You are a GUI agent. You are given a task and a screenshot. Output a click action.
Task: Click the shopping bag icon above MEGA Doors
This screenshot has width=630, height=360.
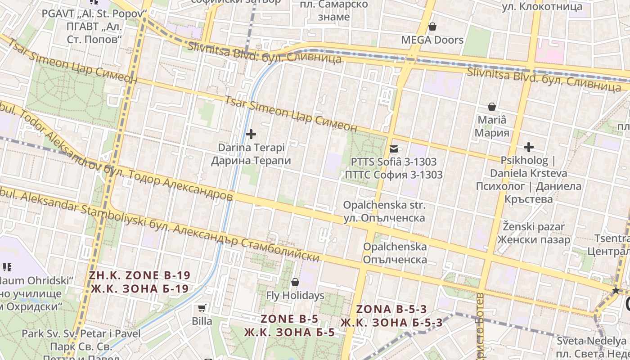(432, 27)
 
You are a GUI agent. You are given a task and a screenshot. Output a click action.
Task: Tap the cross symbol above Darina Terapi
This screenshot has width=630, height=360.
(251, 134)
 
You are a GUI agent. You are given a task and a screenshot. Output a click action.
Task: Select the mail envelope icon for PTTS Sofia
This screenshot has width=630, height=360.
(394, 148)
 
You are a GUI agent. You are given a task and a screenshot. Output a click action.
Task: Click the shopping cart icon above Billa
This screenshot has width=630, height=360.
(202, 308)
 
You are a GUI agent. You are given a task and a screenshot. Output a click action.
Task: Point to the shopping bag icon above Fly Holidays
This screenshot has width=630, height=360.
(295, 282)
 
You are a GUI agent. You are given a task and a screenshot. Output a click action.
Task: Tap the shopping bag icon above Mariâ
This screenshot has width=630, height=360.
(492, 107)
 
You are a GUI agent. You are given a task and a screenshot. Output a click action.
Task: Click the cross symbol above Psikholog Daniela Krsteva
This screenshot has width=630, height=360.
(529, 147)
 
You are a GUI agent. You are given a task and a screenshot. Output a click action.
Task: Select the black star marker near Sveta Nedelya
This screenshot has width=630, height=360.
(616, 291)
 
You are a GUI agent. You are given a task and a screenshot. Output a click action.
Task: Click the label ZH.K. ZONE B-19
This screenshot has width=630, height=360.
(139, 275)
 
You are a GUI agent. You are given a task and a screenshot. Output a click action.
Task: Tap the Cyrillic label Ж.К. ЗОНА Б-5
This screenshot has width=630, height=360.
(290, 333)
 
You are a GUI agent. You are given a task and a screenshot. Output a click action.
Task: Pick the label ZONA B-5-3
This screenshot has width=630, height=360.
(391, 309)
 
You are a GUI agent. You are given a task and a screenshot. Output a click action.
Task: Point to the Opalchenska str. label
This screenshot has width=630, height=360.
(384, 205)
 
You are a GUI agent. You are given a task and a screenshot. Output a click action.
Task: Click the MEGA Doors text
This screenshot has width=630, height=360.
(432, 40)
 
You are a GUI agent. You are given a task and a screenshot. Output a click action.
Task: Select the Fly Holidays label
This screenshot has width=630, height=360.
(295, 296)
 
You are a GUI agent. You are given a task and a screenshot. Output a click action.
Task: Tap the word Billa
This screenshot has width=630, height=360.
(202, 321)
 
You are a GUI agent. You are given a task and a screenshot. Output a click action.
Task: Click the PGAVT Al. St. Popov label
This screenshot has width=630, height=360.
(94, 13)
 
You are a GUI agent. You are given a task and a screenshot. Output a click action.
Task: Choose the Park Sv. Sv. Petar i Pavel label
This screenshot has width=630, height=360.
(81, 334)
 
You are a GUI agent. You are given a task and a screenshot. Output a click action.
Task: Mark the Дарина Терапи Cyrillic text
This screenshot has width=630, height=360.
(251, 161)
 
